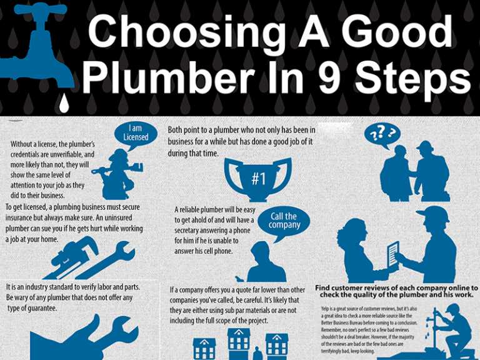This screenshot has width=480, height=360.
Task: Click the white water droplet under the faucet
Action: pos(62,103)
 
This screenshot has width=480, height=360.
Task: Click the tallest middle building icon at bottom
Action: pos(238,341)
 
